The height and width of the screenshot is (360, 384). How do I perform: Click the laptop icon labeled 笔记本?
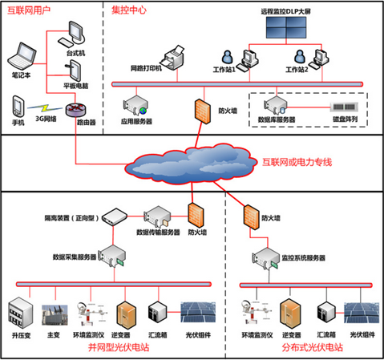click(22, 56)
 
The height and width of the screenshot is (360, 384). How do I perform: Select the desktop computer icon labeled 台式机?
click(72, 34)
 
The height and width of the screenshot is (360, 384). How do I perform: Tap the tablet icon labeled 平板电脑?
click(74, 71)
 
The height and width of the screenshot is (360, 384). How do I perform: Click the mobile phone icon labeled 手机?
click(18, 106)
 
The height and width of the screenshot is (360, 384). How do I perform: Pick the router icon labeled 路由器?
click(76, 110)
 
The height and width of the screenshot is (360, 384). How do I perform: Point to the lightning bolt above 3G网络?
click(45, 108)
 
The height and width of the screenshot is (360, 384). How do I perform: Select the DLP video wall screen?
click(286, 27)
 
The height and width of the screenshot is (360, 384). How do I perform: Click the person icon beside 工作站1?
click(228, 57)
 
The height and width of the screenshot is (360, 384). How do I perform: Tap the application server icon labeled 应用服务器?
click(135, 105)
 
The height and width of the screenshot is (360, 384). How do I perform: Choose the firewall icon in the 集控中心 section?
click(203, 111)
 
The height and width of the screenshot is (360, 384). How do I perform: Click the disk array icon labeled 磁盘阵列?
click(344, 107)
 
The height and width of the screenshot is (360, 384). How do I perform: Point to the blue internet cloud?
click(188, 164)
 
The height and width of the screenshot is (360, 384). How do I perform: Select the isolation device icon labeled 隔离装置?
click(115, 216)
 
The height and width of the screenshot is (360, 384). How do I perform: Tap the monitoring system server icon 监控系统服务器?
click(265, 258)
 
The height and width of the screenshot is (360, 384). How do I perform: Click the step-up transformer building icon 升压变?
click(21, 313)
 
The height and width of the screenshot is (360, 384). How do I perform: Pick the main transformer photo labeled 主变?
click(55, 315)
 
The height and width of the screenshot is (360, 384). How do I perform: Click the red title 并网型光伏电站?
click(119, 347)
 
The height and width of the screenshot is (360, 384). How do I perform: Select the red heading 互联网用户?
click(29, 10)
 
